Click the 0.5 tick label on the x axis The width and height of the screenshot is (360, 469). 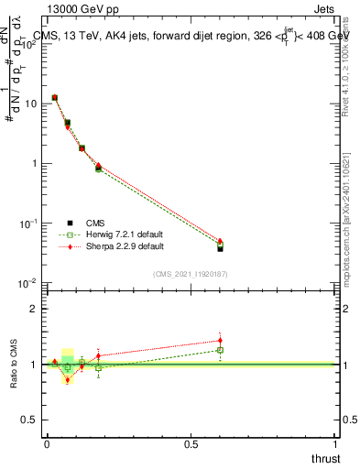click(x=191, y=442)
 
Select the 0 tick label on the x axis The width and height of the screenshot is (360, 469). click(x=47, y=442)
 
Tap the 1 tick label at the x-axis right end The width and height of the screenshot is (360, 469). click(x=335, y=442)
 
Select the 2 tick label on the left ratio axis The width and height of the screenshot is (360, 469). click(x=35, y=309)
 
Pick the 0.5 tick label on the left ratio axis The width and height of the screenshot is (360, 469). click(x=30, y=420)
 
